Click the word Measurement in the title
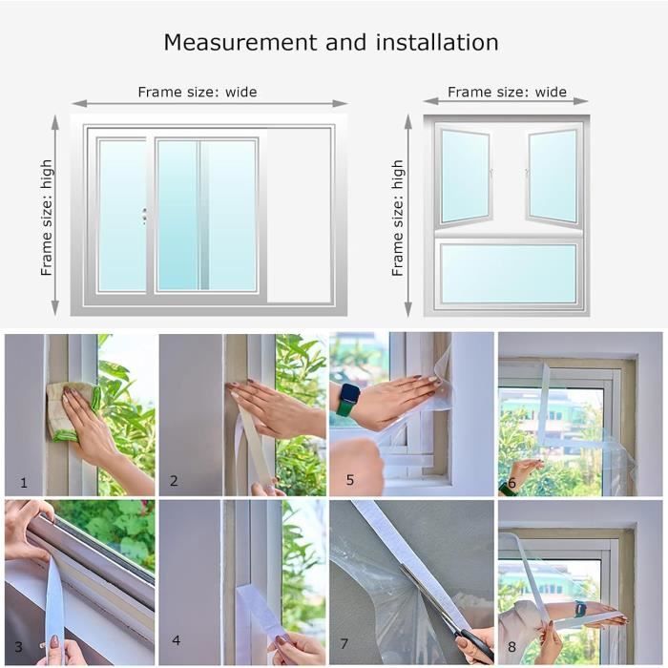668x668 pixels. [240, 43]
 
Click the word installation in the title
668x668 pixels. [437, 43]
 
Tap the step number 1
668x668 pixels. [24, 483]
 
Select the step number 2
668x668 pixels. [174, 481]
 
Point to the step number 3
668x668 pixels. [18, 647]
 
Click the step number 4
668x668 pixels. [176, 640]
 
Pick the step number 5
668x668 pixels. [350, 480]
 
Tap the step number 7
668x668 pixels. [344, 643]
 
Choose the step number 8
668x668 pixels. [511, 647]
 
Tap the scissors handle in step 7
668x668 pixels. [476, 643]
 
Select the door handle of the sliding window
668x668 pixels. [144, 217]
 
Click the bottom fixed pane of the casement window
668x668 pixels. [508, 274]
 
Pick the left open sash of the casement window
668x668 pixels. [466, 176]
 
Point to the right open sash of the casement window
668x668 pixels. [553, 176]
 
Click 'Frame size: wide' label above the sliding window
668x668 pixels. [198, 92]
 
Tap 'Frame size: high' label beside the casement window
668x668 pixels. [397, 219]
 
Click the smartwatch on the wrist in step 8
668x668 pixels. [580, 609]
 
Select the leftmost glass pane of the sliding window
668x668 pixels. [122, 216]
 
